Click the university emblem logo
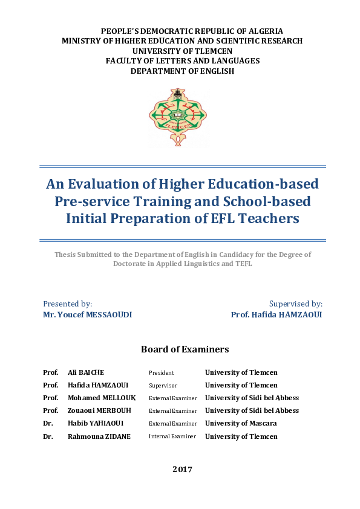(177, 117)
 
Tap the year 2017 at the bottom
(182, 469)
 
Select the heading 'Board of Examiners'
(185, 349)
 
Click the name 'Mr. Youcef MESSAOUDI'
(88, 315)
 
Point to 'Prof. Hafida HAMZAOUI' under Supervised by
(277, 315)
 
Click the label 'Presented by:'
(68, 304)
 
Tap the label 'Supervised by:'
(295, 304)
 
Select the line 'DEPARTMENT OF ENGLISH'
(182, 71)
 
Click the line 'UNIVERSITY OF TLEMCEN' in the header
(182, 51)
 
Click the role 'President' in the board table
(162, 373)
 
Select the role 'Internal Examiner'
(172, 436)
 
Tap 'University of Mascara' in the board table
(241, 423)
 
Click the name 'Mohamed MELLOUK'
(102, 398)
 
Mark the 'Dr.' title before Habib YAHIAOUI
(48, 423)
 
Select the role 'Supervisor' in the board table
(164, 386)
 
